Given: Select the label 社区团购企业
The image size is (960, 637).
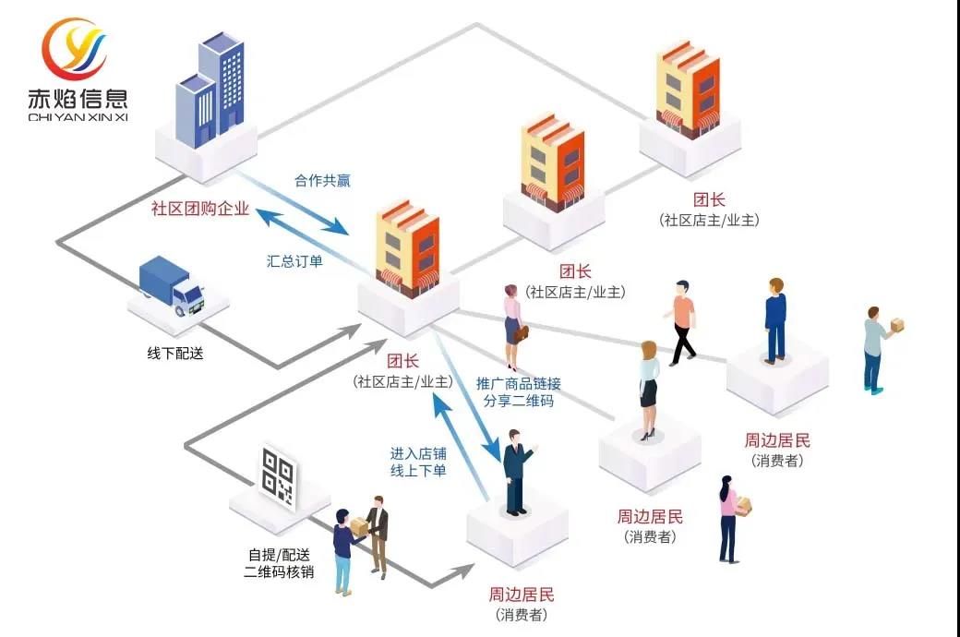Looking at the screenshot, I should pos(200,209).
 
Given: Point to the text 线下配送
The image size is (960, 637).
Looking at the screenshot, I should pos(174,353).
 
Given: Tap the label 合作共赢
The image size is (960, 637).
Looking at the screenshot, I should pos(322,180).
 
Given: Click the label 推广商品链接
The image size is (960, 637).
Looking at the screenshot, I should pos(518,383).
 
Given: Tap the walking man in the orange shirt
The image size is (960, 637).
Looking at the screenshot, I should pos(681,322).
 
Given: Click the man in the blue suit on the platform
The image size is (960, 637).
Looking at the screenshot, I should pos(774,319).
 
